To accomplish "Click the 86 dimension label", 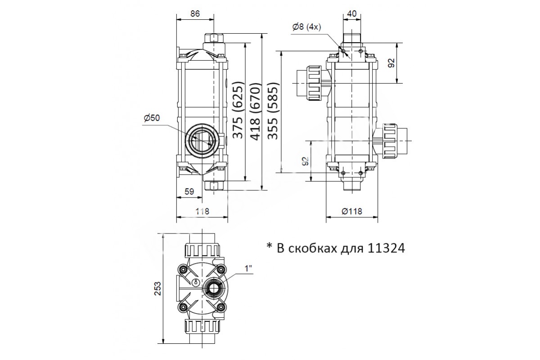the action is click(x=195, y=13).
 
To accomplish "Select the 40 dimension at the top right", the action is click(x=352, y=13).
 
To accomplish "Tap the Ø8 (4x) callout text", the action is click(x=306, y=27).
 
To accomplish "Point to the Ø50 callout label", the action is click(x=152, y=118).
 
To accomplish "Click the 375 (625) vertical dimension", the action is click(x=238, y=112).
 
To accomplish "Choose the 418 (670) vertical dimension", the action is click(x=256, y=112).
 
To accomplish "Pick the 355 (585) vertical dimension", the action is click(x=273, y=111).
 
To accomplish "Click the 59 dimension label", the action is click(x=189, y=191).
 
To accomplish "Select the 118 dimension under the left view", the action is click(x=202, y=211).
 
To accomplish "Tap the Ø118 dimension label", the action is click(x=352, y=211).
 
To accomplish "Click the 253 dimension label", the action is click(x=157, y=288).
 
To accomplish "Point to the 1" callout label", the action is click(x=248, y=269).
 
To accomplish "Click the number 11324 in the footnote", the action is click(x=387, y=248).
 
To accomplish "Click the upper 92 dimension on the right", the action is click(x=392, y=63).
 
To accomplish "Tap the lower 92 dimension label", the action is click(x=306, y=161).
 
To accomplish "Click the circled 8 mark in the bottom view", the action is click(x=197, y=282).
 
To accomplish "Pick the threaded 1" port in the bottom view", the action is click(x=213, y=288).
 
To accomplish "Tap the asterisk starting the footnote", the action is click(x=269, y=246).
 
